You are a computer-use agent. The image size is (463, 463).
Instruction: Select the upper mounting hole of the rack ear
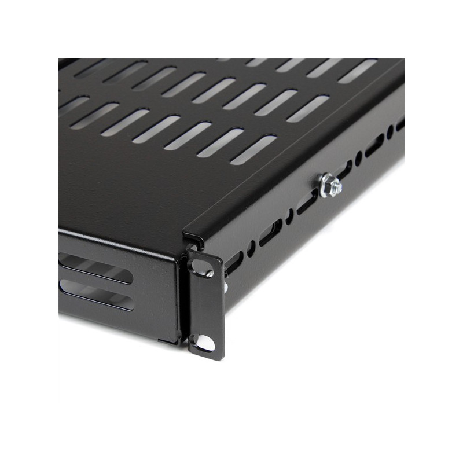[x=200, y=267]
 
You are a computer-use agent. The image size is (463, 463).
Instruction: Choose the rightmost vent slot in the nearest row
[x=254, y=150]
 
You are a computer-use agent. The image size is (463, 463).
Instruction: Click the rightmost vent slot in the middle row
[x=308, y=109]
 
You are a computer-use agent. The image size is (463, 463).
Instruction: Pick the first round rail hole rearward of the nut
[x=359, y=157]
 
